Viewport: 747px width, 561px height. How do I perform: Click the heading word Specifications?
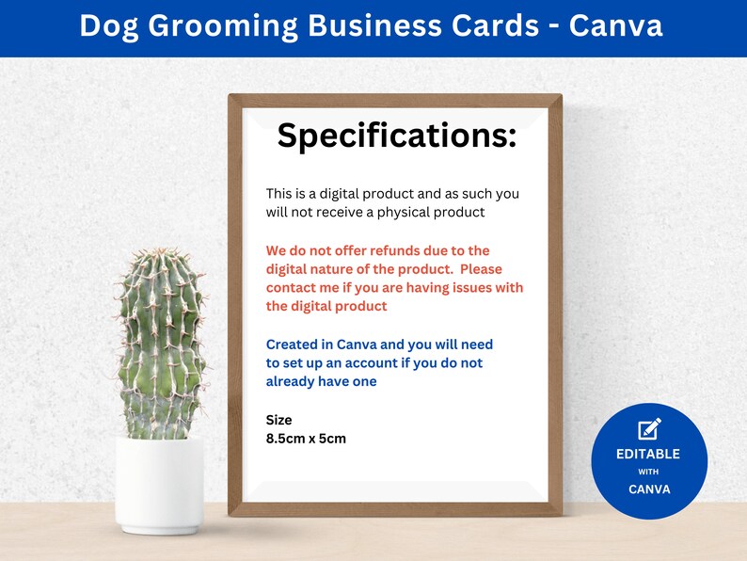[x=396, y=136]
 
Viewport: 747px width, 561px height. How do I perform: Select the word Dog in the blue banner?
[x=103, y=25]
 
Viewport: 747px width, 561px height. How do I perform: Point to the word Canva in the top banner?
[x=617, y=25]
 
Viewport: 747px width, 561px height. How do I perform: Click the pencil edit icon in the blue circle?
[x=649, y=429]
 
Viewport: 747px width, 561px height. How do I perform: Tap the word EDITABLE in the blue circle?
[x=648, y=454]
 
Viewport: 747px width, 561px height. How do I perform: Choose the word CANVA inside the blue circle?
[x=648, y=489]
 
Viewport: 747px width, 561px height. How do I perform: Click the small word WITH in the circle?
[x=648, y=472]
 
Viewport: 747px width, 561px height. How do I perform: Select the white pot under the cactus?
[x=160, y=485]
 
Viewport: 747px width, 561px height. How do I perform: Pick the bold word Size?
[x=279, y=420]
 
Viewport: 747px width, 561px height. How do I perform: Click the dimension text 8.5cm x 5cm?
[x=306, y=439]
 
